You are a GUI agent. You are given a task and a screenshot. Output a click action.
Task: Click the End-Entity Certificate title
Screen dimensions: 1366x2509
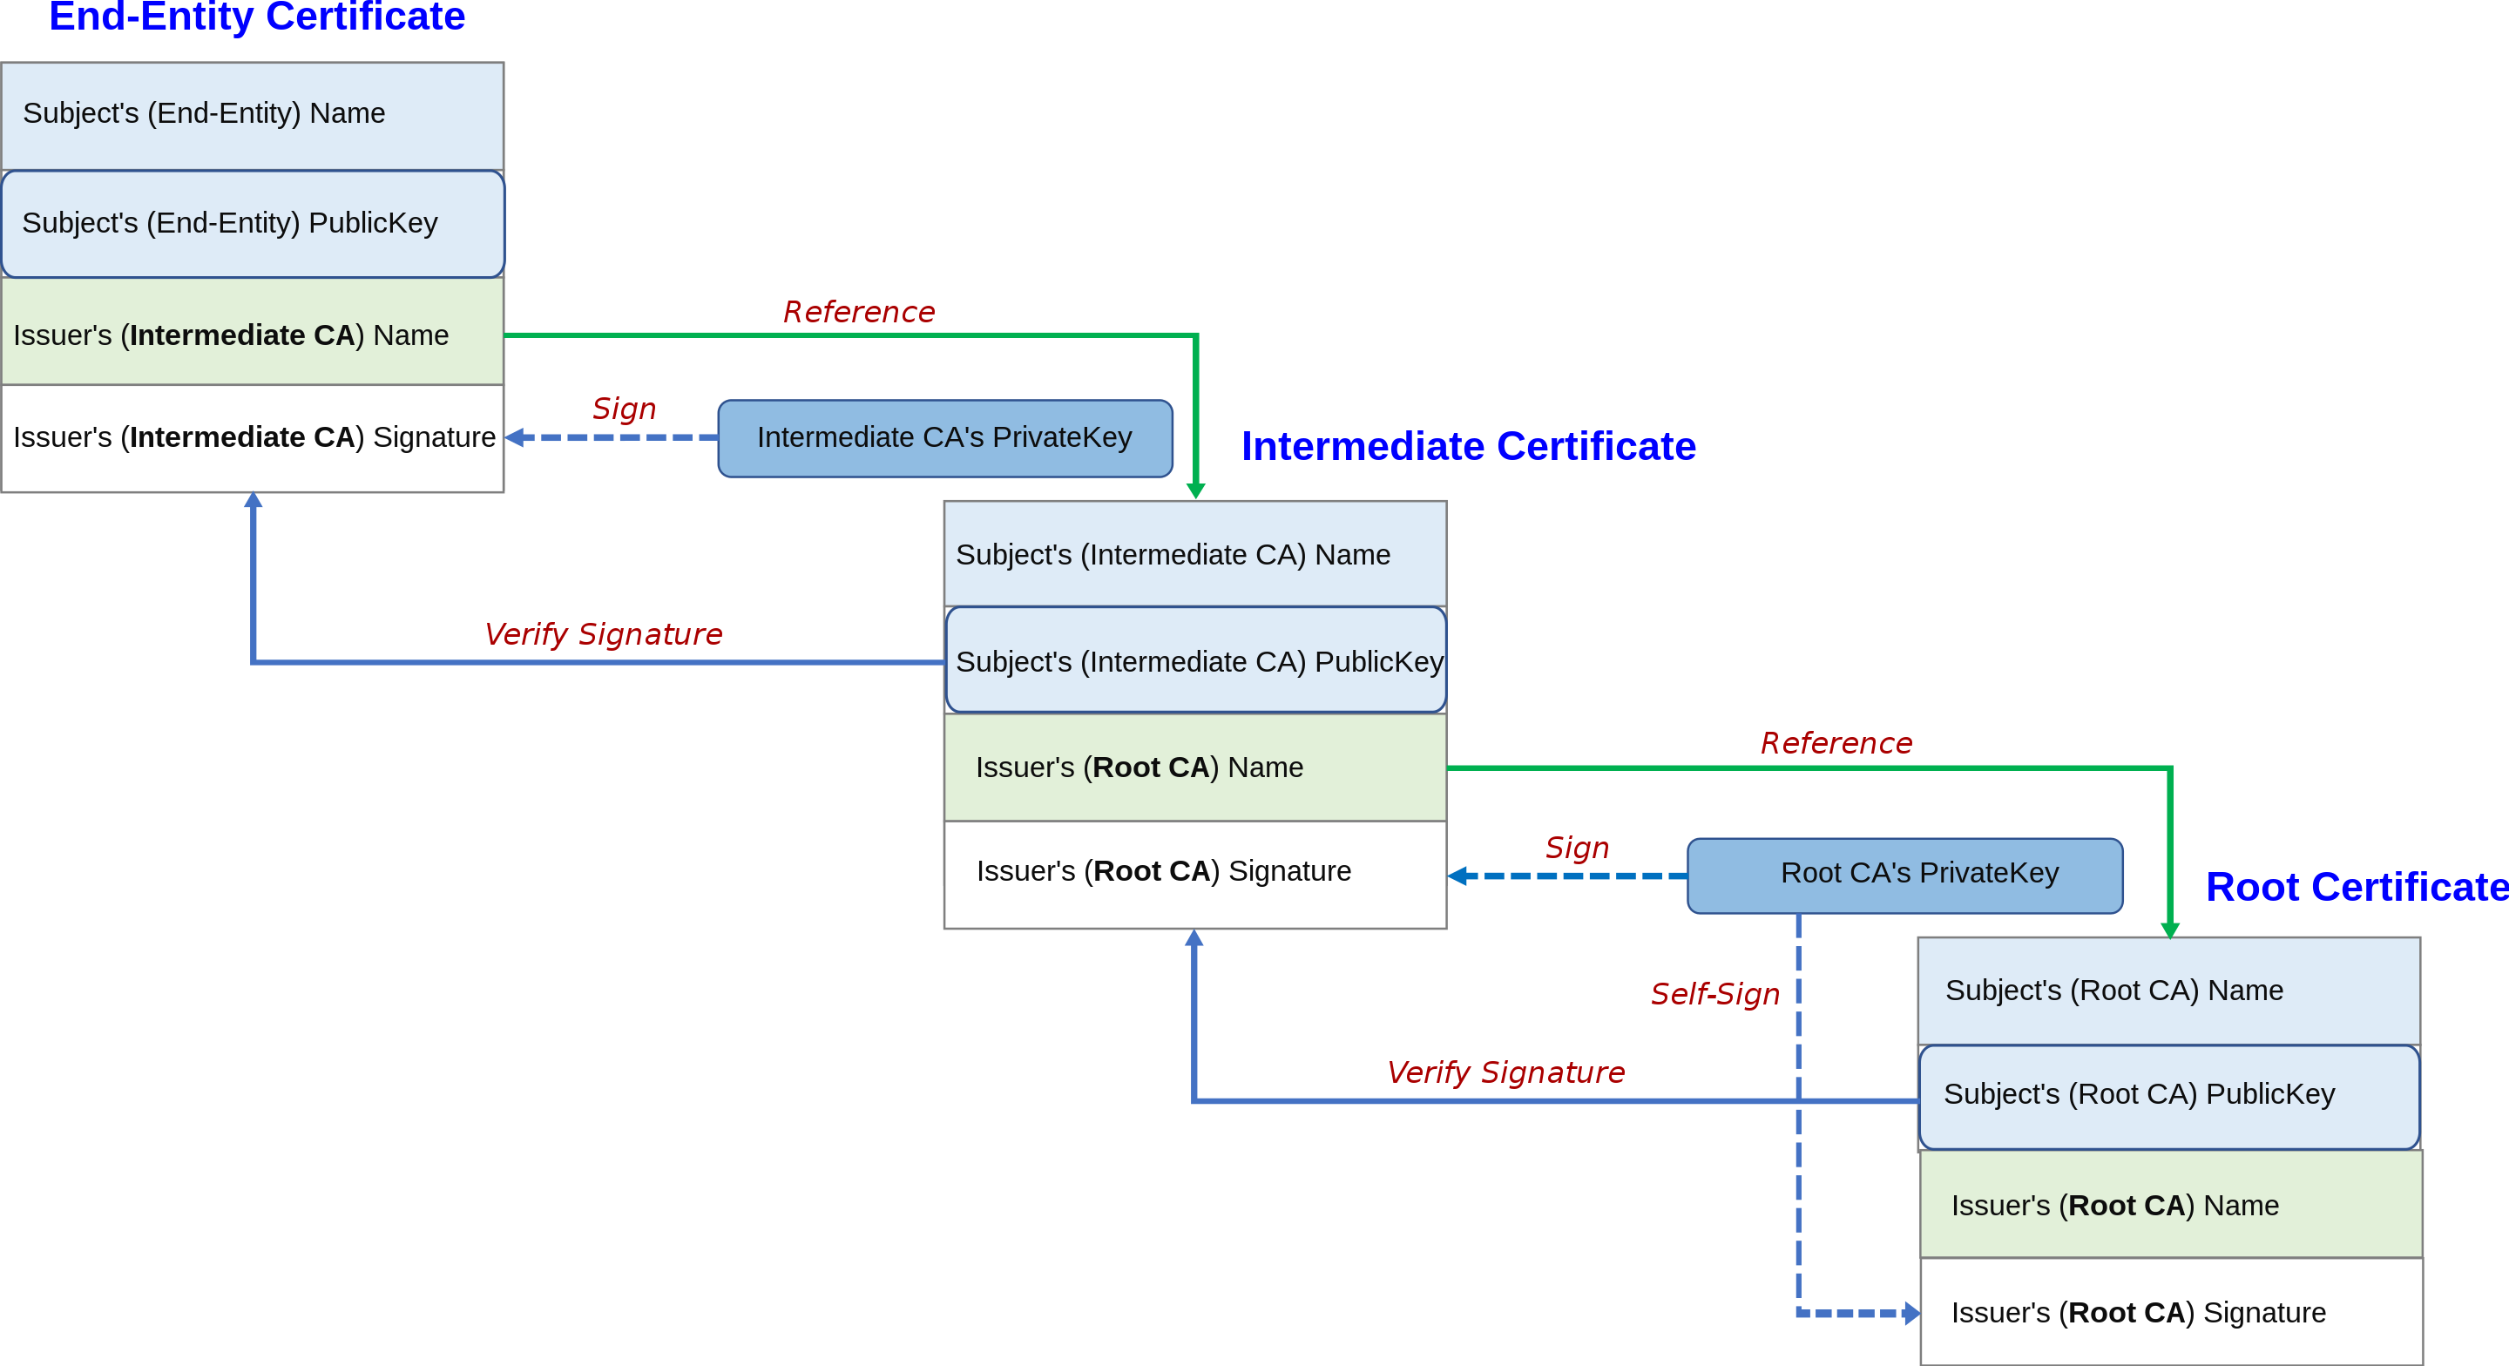point(257,17)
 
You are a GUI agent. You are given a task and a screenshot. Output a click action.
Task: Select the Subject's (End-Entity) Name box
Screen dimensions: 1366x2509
point(253,114)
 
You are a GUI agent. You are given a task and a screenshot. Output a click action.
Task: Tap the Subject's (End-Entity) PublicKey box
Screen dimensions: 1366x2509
point(253,224)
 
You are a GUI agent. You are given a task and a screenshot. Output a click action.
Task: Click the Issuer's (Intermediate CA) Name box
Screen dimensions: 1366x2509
point(253,335)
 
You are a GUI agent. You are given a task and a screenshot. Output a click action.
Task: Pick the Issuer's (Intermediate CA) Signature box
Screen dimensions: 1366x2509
point(253,437)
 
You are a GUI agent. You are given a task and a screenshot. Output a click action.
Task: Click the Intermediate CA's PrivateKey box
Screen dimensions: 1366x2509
point(943,438)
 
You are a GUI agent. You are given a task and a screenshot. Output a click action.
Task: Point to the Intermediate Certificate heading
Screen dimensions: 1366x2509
point(1468,446)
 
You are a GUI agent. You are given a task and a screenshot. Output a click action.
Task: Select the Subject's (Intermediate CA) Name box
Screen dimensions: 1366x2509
point(1194,554)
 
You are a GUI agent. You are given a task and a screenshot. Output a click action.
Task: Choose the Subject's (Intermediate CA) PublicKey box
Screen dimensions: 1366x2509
point(1194,660)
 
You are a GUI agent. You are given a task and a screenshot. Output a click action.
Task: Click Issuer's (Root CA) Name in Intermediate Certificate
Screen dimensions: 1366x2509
point(1194,768)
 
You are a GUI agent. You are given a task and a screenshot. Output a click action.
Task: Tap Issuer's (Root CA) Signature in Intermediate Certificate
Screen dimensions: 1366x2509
point(1194,872)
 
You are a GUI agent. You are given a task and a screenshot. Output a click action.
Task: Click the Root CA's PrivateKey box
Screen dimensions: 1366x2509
point(1904,874)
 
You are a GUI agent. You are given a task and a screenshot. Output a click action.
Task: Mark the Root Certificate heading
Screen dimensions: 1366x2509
point(2356,888)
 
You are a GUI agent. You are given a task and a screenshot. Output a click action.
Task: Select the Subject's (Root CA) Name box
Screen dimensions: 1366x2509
point(2168,991)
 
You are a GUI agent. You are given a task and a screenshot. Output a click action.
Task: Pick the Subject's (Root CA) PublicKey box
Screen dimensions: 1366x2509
point(2168,1095)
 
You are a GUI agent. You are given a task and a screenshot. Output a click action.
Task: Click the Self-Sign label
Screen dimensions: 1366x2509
point(1714,995)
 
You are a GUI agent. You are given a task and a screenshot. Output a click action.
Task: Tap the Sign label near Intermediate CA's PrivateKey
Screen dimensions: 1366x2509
point(625,409)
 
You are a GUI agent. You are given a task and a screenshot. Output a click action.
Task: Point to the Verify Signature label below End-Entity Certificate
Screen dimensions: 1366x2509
point(603,635)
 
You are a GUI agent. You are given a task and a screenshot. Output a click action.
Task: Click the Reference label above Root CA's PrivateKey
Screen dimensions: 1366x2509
point(1836,743)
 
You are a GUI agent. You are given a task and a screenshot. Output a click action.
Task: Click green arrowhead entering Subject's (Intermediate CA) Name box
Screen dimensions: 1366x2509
point(1196,491)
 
